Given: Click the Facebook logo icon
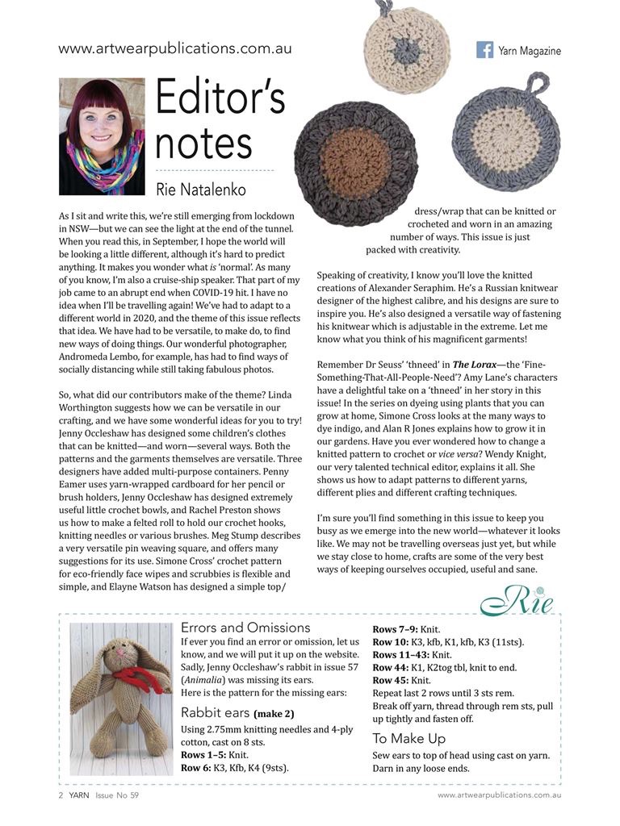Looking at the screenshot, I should [x=484, y=49].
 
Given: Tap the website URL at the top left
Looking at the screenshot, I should [x=175, y=48].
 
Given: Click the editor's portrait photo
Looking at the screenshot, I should [x=102, y=136].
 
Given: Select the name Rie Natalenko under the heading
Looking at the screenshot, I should [x=201, y=190].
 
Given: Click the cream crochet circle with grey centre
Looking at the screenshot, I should [x=407, y=35].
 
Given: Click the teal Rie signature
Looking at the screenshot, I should [x=517, y=602].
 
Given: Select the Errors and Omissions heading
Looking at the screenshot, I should [x=245, y=627].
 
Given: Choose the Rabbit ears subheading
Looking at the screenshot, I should [x=215, y=712].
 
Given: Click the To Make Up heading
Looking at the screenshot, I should [x=408, y=737].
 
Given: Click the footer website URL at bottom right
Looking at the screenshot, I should [x=499, y=795].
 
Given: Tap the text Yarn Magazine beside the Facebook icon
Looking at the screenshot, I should [x=529, y=50].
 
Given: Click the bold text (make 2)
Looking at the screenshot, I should [x=274, y=713].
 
